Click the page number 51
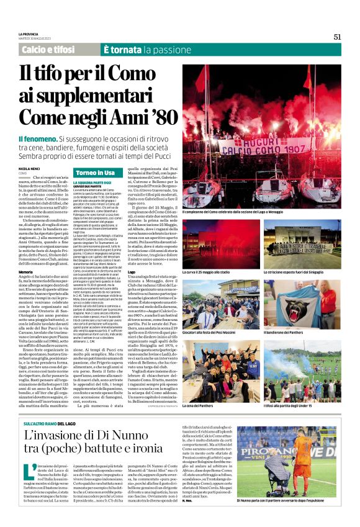point(337,37)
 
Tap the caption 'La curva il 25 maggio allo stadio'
point(211,273)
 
